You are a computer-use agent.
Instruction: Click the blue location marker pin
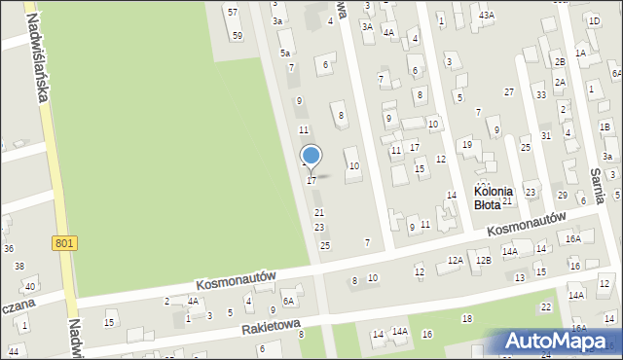click(x=311, y=156)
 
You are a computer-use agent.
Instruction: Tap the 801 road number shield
click(x=65, y=242)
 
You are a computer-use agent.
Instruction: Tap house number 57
click(x=232, y=12)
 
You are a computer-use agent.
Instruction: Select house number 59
click(x=238, y=35)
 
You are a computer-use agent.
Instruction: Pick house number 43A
click(x=486, y=15)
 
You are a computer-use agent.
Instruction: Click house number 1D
click(x=594, y=20)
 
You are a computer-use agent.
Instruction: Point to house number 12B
click(x=483, y=260)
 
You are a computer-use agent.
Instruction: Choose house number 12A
click(x=455, y=260)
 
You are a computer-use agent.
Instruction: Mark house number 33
click(x=540, y=94)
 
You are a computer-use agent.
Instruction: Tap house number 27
click(x=508, y=91)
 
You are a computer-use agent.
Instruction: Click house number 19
click(x=467, y=145)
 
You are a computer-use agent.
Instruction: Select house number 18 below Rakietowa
click(x=467, y=319)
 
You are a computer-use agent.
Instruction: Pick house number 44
click(x=14, y=350)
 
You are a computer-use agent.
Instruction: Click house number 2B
click(x=560, y=61)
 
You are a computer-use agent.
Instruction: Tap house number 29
click(x=563, y=196)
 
